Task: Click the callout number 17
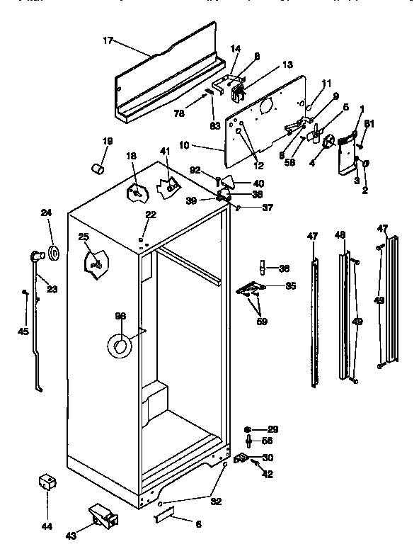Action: click(x=108, y=42)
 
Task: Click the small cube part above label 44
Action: click(x=47, y=482)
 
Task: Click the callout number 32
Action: click(x=216, y=501)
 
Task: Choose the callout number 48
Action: click(x=340, y=234)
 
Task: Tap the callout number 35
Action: click(x=290, y=286)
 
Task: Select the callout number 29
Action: click(x=272, y=429)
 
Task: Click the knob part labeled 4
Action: click(x=328, y=144)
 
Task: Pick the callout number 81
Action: click(x=368, y=124)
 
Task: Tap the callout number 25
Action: click(x=84, y=237)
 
